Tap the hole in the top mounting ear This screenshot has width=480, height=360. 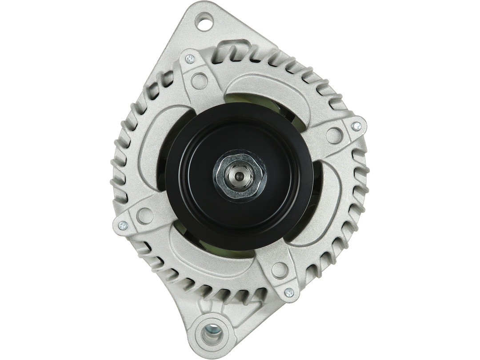click(x=205, y=22)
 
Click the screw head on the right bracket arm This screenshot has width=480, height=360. click(x=356, y=126)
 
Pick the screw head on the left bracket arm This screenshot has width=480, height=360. click(x=123, y=226)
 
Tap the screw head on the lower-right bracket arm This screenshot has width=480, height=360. click(x=289, y=292)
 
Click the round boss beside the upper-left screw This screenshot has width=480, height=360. click(x=199, y=81)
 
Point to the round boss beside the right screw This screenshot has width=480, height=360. click(x=334, y=136)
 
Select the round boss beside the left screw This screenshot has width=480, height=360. click(x=145, y=216)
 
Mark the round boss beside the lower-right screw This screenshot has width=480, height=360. click(x=280, y=270)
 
